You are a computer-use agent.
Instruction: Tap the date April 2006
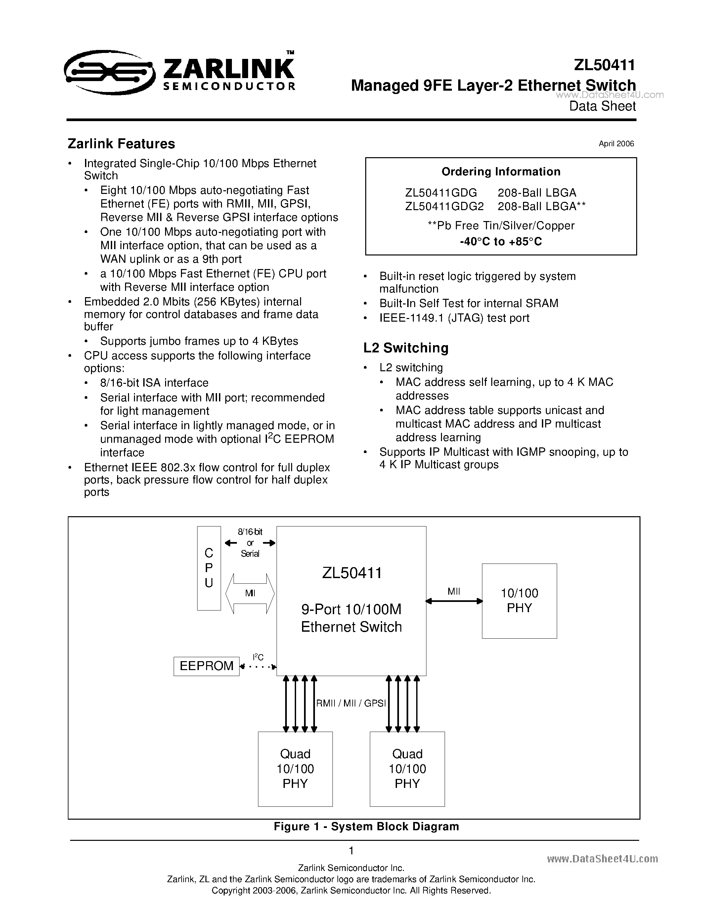pos(616,144)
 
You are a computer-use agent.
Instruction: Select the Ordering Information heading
pos(501,172)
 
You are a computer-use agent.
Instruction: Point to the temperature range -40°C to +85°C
pos(501,242)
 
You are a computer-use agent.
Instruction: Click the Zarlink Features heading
pos(121,144)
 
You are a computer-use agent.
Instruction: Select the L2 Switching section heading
pos(406,347)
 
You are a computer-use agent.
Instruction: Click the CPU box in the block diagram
pos(209,568)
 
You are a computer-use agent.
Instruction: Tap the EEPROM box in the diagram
pos(206,666)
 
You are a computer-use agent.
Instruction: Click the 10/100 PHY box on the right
pos(519,601)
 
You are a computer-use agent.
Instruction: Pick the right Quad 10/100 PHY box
pos(407,769)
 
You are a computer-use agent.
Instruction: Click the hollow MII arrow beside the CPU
pos(250,593)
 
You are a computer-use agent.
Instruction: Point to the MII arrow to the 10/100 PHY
pos(454,601)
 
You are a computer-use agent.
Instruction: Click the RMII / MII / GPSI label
pos(351,703)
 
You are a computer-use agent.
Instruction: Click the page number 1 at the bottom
pos(351,850)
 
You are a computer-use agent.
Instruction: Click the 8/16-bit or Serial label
pos(250,542)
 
